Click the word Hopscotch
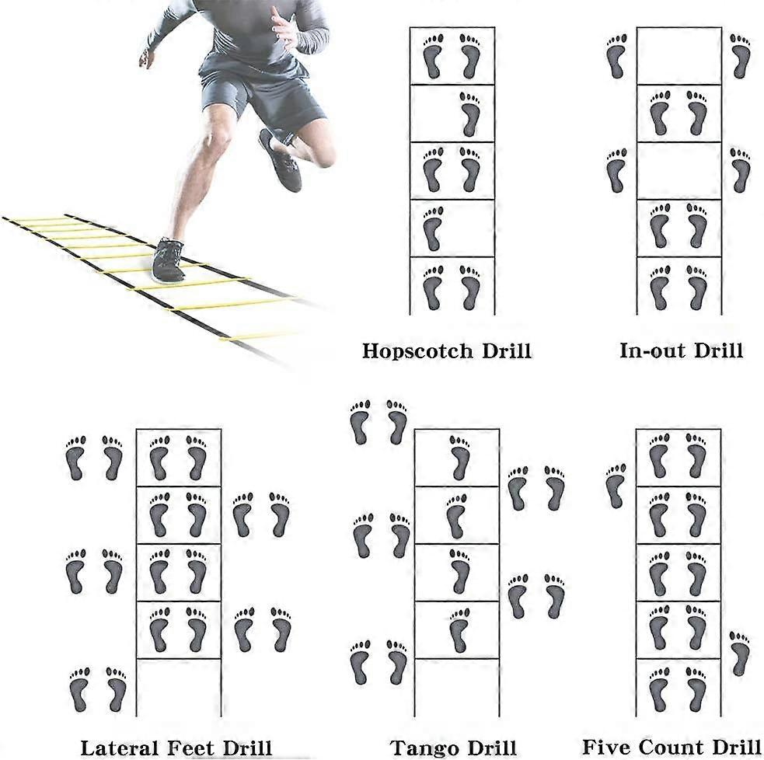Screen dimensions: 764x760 pos(417,350)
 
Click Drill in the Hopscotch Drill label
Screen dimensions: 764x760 pos(507,350)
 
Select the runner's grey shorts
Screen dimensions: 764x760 pos(262,95)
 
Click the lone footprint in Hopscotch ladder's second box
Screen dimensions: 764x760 pos(470,114)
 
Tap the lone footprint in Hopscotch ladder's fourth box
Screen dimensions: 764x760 pos(433,228)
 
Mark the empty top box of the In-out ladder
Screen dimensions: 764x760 pos(679,55)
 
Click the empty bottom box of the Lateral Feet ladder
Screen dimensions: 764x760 pos(178,688)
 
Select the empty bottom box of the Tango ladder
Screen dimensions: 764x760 pos(457,688)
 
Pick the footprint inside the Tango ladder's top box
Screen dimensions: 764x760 pos(460,458)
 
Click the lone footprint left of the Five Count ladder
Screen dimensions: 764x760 pos(616,486)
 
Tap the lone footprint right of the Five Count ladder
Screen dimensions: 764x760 pos(740,654)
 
